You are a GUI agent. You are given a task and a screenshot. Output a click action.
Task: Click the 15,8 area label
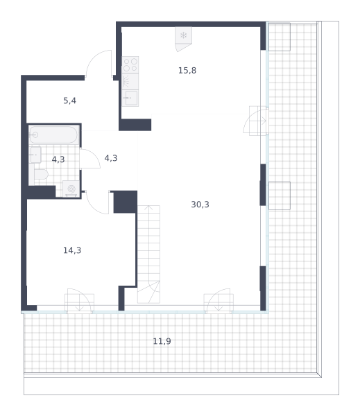point(187,71)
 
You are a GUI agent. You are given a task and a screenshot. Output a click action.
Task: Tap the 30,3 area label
point(200,205)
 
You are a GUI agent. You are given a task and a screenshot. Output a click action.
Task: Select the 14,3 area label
point(72,250)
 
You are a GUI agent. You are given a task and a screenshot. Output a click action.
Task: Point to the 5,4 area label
point(69,101)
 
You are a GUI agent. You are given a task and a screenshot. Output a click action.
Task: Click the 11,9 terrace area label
point(162,341)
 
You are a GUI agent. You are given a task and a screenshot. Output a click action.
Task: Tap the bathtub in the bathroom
point(53,135)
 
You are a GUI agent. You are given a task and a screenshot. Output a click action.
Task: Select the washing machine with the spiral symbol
point(71,189)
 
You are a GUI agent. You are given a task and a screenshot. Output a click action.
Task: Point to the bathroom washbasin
point(35,155)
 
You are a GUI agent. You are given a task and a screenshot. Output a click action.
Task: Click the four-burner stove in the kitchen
point(130,64)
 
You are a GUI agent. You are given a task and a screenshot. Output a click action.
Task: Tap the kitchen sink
point(130,98)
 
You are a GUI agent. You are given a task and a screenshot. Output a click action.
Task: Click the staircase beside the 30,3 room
point(148,254)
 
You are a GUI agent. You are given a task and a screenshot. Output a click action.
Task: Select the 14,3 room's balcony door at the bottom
point(79,301)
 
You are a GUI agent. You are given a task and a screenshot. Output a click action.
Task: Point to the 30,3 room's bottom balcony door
point(218,301)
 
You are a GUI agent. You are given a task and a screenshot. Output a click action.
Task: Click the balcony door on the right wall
point(256,121)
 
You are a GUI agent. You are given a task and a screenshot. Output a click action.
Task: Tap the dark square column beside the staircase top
point(126,202)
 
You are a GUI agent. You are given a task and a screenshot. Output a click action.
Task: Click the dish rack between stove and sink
point(130,81)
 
